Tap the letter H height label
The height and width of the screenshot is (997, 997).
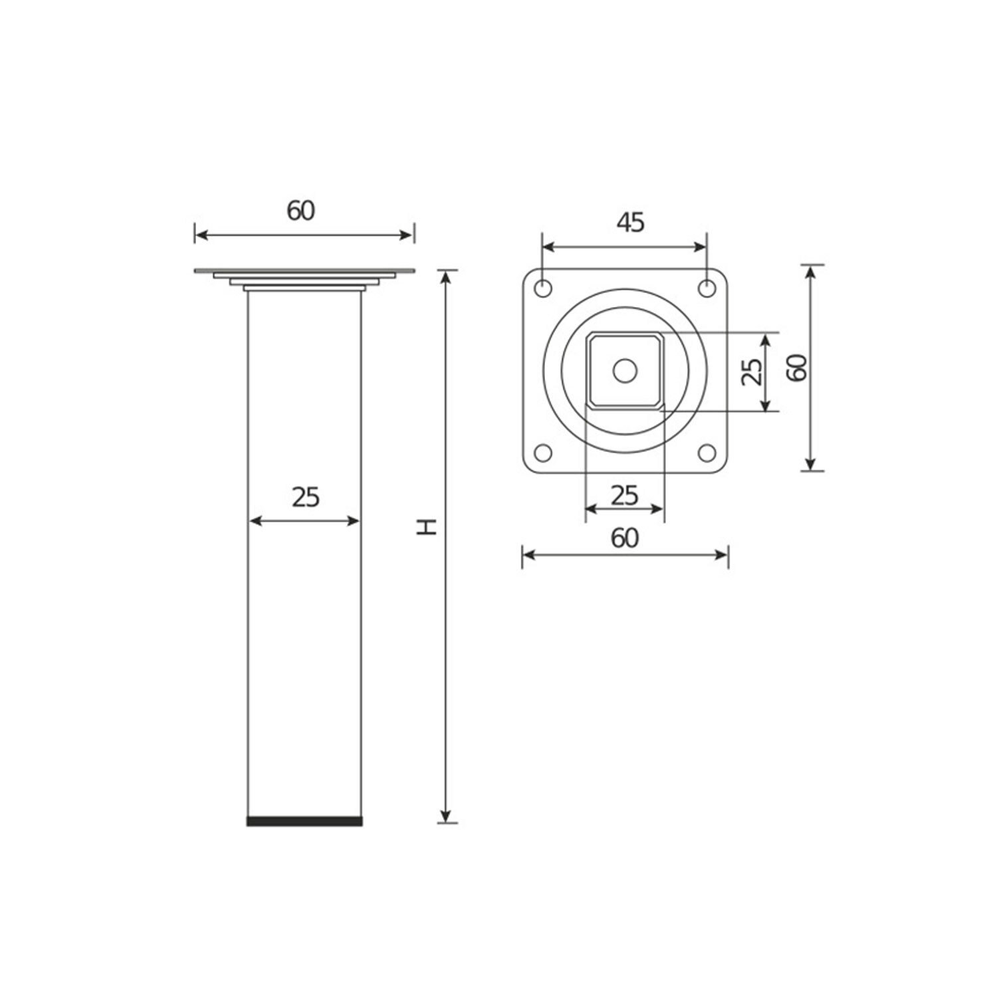(x=425, y=528)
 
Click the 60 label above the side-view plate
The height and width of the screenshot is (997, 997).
(x=300, y=211)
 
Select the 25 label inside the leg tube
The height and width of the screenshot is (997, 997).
(x=306, y=497)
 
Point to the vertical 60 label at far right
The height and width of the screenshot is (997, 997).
(x=796, y=367)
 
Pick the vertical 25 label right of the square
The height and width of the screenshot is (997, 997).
(x=752, y=372)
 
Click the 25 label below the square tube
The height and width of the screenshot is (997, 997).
(x=624, y=495)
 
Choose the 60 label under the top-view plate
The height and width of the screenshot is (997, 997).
(x=625, y=538)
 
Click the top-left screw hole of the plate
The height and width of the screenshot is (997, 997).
(x=543, y=289)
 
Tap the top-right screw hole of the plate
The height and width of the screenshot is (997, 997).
(x=707, y=289)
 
